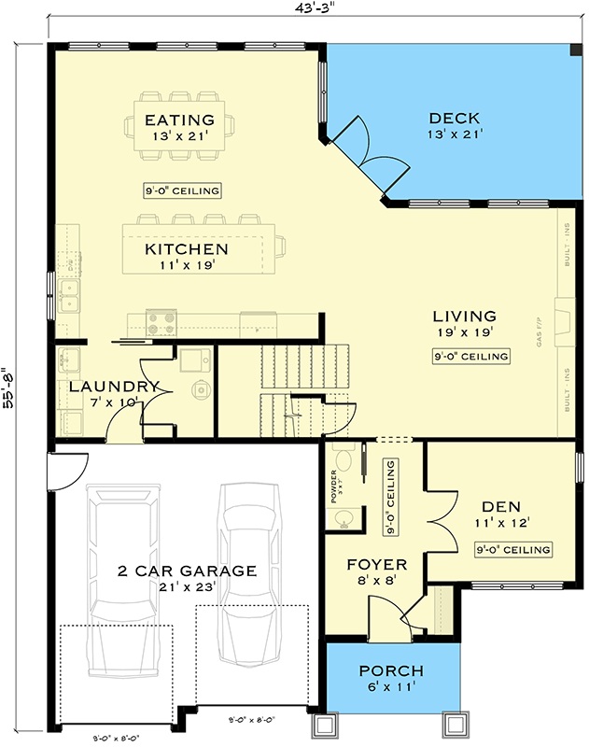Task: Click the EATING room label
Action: coord(179,120)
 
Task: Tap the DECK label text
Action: coord(455,119)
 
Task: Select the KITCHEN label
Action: coord(186,249)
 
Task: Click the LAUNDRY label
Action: coord(114,387)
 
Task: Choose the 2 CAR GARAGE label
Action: coord(187,571)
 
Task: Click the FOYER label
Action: coord(376,565)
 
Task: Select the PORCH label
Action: coord(392,671)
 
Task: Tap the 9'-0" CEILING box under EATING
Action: coord(183,190)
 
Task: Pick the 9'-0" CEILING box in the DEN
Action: coord(512,549)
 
